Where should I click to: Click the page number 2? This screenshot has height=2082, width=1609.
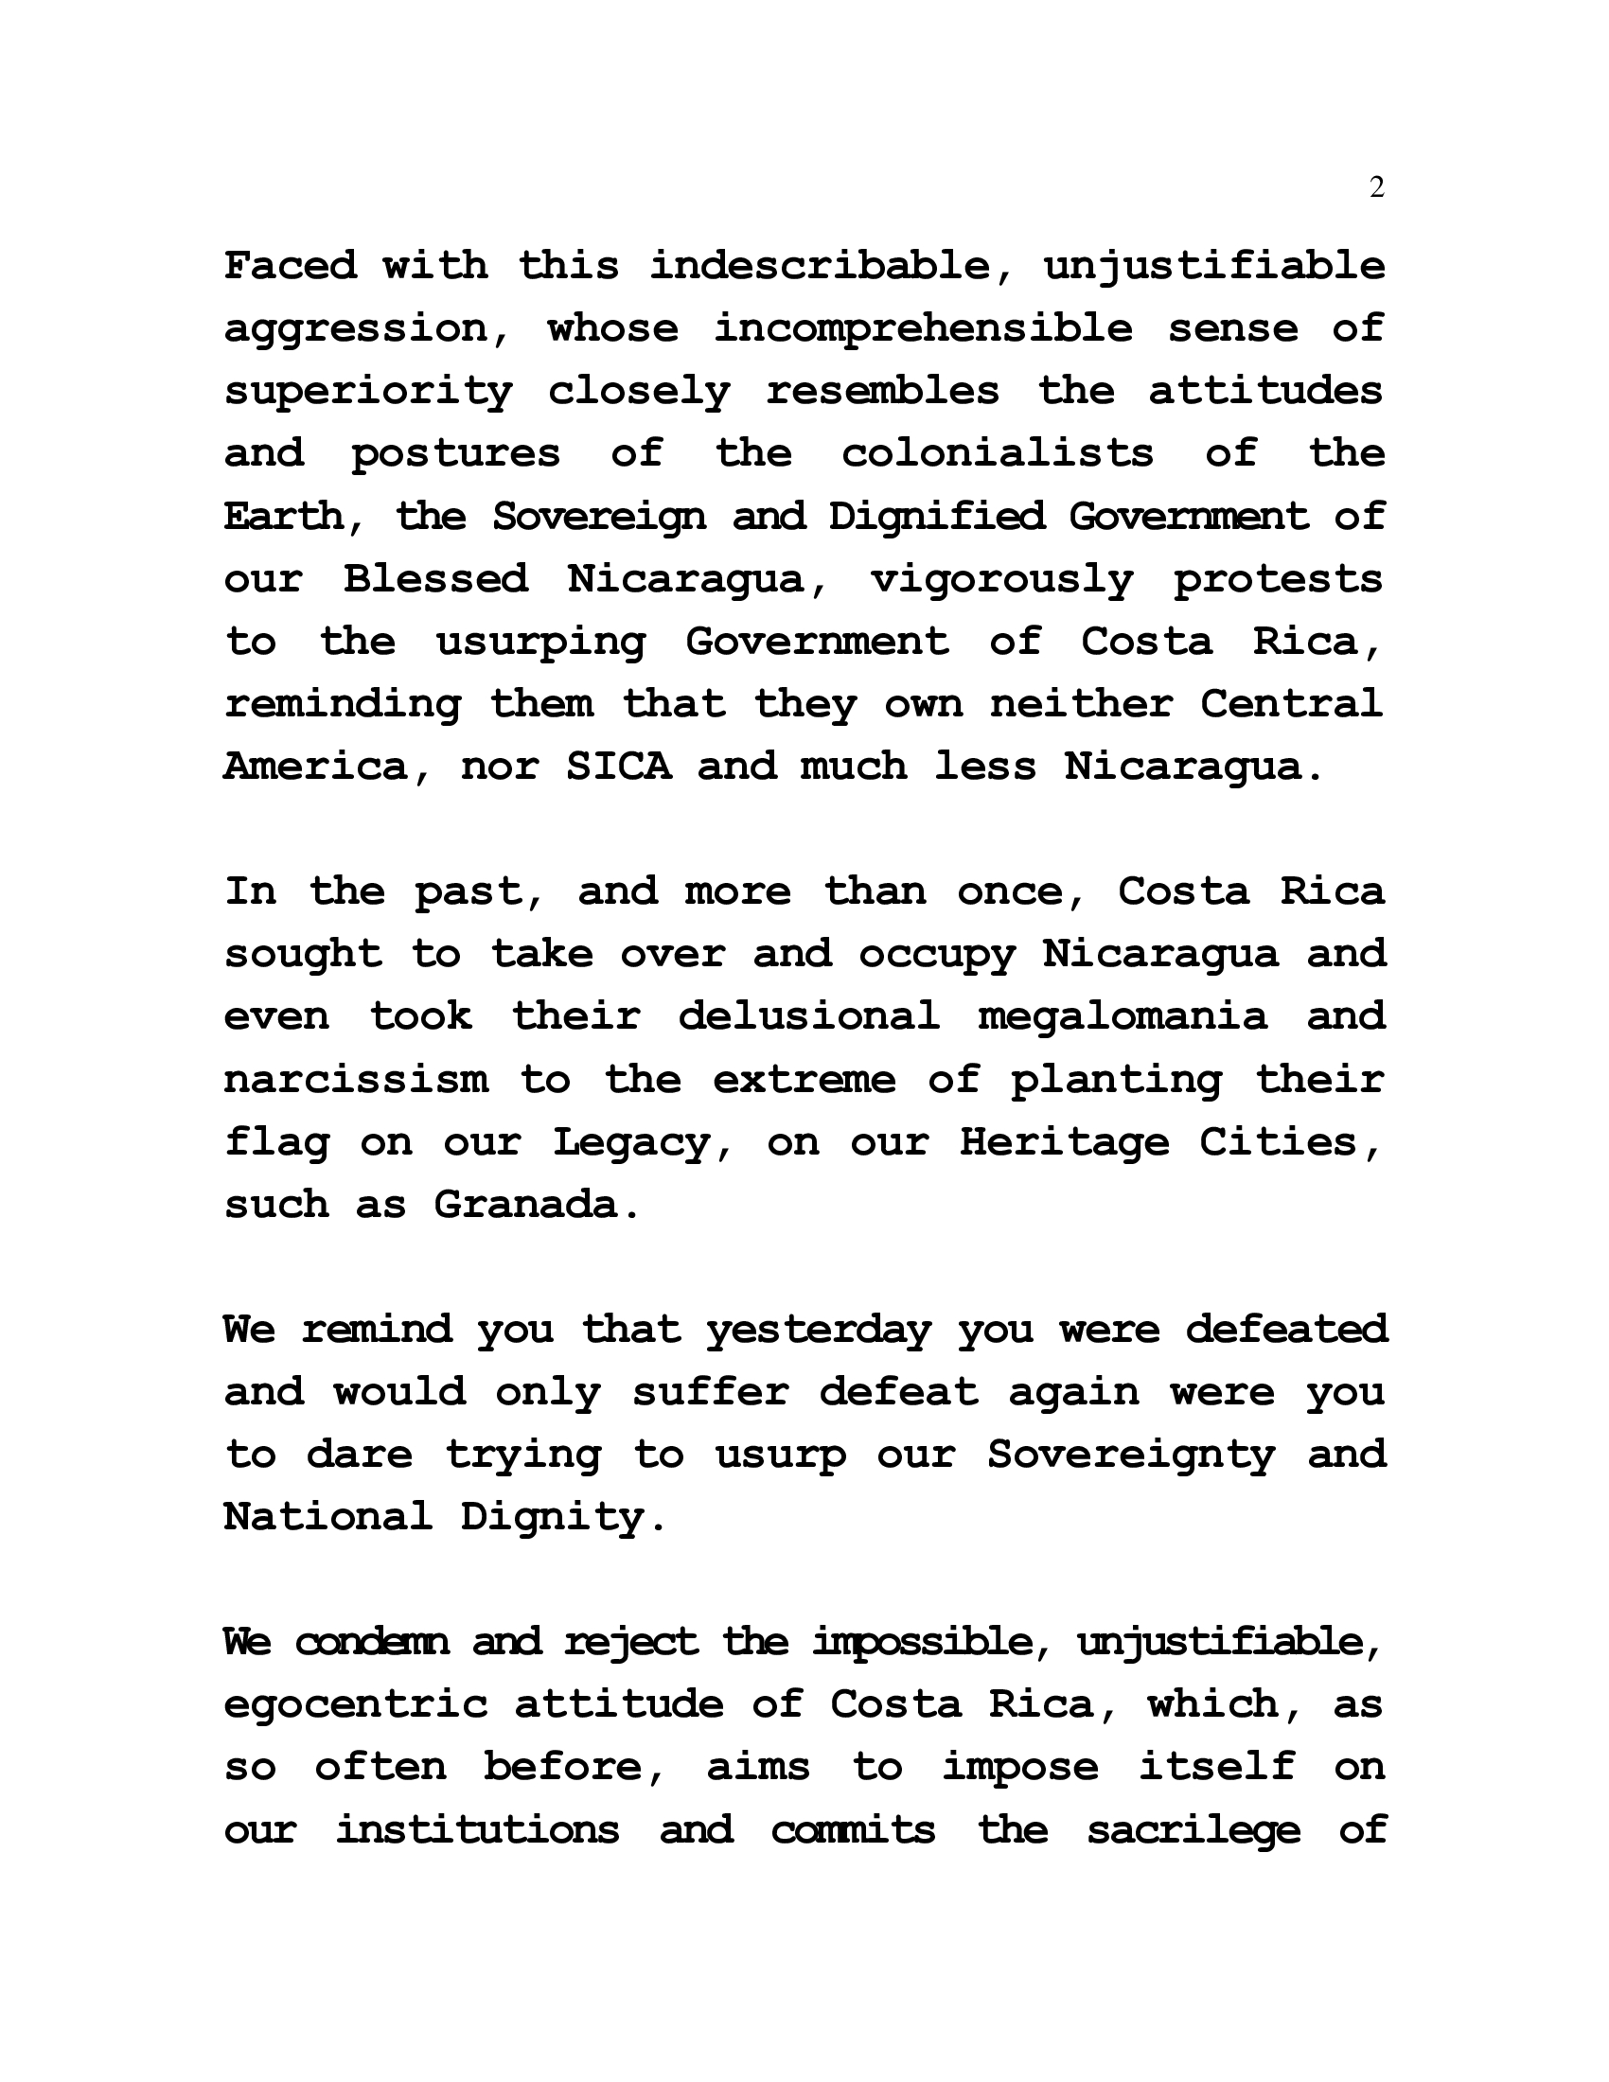click(1375, 187)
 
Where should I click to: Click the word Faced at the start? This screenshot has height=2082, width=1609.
click(291, 265)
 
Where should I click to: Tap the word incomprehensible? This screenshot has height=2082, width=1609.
click(923, 328)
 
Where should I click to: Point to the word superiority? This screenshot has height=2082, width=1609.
click(369, 392)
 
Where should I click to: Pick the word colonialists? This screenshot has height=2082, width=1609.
click(997, 452)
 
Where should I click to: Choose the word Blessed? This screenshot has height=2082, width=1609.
click(436, 578)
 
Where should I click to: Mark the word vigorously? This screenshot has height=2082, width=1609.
click(1000, 578)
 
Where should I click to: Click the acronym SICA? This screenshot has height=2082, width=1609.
click(619, 767)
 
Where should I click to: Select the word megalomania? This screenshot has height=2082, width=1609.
click(1123, 1016)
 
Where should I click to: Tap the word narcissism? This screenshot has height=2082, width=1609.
click(357, 1079)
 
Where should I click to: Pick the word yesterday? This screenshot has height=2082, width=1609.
click(818, 1329)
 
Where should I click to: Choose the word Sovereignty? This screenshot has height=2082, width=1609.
click(1130, 1455)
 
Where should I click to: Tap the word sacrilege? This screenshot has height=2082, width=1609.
click(1193, 1830)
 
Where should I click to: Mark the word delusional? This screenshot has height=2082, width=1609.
click(808, 1016)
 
